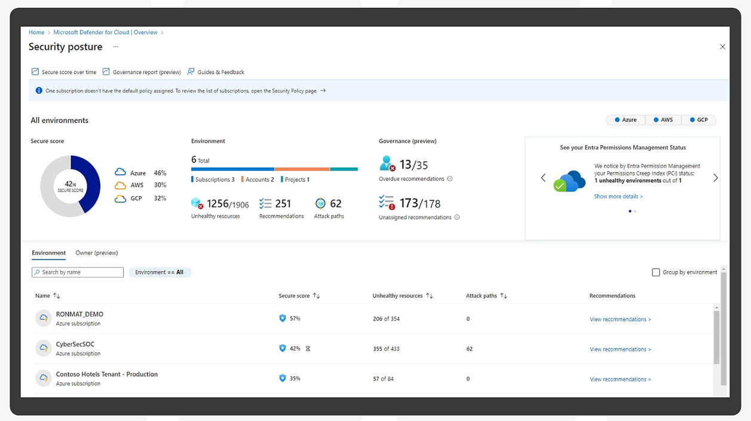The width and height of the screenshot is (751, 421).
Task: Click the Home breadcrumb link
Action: (36, 32)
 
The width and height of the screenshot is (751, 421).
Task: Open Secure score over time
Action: (64, 72)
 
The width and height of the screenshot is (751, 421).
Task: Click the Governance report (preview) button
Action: (142, 72)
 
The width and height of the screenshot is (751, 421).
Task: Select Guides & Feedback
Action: (216, 72)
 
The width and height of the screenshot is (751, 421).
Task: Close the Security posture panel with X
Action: (722, 47)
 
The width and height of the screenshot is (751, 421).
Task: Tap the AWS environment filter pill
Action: (663, 119)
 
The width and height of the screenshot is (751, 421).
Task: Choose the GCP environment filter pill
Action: (698, 119)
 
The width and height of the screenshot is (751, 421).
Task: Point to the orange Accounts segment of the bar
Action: (302, 169)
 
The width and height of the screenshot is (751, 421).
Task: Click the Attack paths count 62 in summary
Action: (336, 204)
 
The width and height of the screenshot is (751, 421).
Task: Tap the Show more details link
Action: (618, 196)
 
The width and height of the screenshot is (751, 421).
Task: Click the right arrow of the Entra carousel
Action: (715, 177)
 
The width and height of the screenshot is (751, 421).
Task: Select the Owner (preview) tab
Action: (97, 253)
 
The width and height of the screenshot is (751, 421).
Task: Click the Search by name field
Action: (78, 272)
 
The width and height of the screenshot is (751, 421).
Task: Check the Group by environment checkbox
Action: (656, 272)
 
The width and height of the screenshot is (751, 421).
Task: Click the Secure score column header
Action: (294, 296)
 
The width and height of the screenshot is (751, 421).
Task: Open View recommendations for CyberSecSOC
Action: (620, 349)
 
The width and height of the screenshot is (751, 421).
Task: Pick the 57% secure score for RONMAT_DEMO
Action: (295, 318)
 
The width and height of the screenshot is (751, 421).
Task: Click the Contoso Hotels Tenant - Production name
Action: (106, 374)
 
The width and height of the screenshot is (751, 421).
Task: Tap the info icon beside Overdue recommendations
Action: (450, 179)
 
